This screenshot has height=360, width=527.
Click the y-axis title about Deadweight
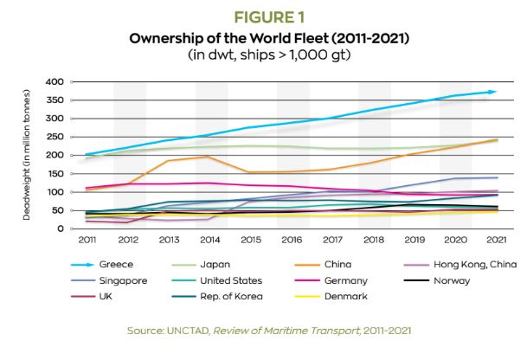pos(29,156)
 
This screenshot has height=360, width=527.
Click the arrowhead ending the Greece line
pos(492,91)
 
